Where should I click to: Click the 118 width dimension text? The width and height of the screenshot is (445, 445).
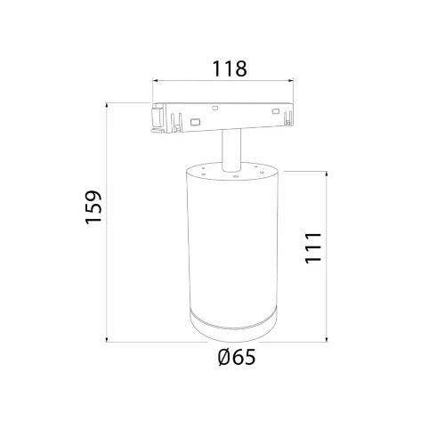pos(229,68)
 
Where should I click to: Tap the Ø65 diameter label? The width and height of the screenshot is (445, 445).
pos(236,358)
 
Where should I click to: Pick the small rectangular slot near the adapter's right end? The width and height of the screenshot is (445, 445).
pos(277,111)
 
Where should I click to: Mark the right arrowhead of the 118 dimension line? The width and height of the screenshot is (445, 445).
pos(298,85)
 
